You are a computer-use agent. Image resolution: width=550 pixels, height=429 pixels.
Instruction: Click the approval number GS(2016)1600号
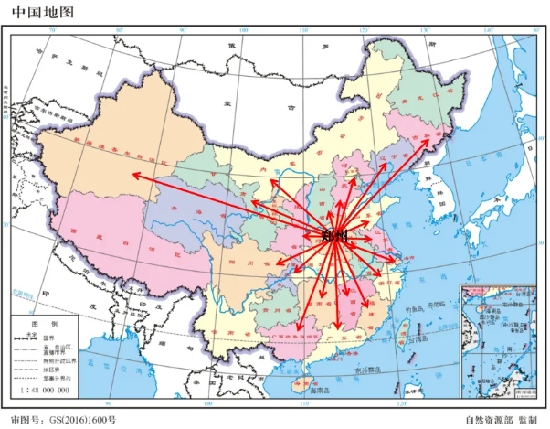point(73,420)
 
